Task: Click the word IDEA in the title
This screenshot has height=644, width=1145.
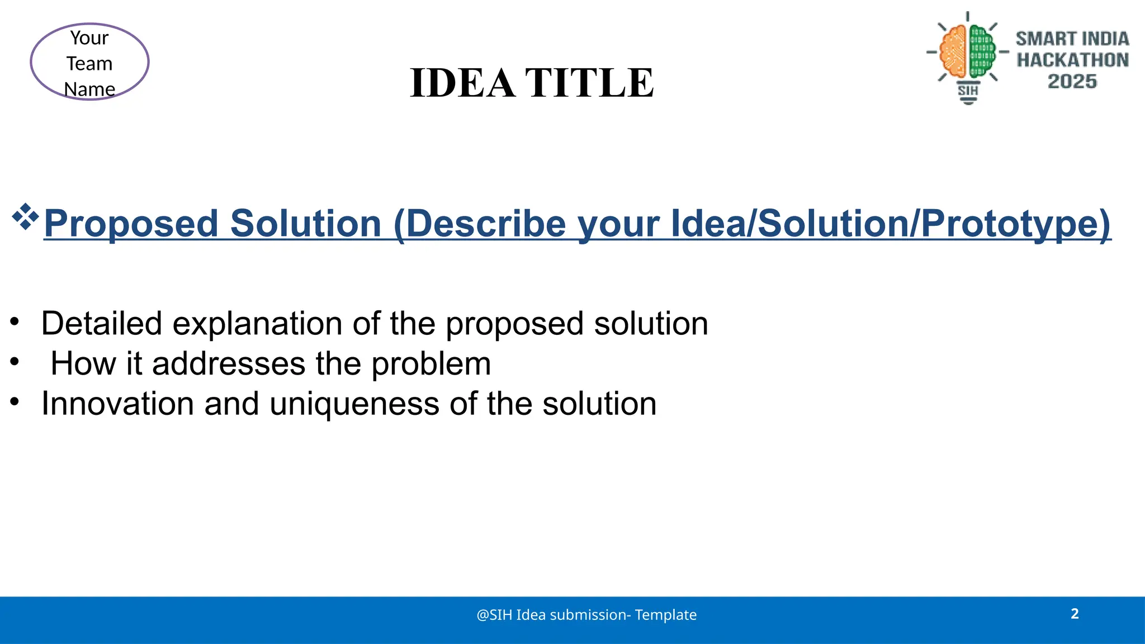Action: point(462,83)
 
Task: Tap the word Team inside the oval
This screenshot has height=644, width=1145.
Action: point(89,64)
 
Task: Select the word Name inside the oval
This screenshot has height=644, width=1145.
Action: point(89,89)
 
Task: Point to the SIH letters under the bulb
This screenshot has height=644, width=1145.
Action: point(968,90)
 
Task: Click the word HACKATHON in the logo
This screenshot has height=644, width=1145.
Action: point(1072,60)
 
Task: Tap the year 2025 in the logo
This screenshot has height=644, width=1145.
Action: point(1072,82)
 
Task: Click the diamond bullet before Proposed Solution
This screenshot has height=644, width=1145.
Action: point(25,217)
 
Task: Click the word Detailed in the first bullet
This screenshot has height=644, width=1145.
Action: point(101,324)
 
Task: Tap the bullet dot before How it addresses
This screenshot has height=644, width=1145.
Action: point(15,362)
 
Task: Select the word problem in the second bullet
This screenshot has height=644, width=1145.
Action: point(431,364)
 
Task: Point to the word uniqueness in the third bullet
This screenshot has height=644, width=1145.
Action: point(354,404)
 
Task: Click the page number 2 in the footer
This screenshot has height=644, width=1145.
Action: point(1075,614)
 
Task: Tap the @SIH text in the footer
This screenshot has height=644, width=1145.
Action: point(494,615)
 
